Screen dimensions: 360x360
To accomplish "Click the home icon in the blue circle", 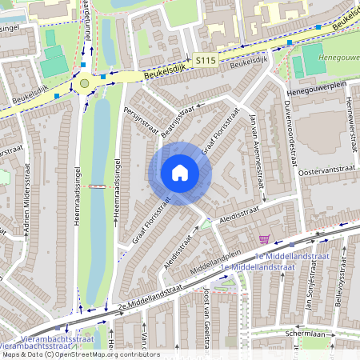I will coord(180,173).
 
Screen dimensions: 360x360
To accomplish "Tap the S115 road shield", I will coord(205,60).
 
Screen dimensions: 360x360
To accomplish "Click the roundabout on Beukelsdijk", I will coord(85,82).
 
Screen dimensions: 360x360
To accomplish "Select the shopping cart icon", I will coord(264,238).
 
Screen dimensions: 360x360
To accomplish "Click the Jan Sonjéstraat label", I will coord(306,293).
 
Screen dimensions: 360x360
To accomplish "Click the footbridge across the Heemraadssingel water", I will coord(98,186).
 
